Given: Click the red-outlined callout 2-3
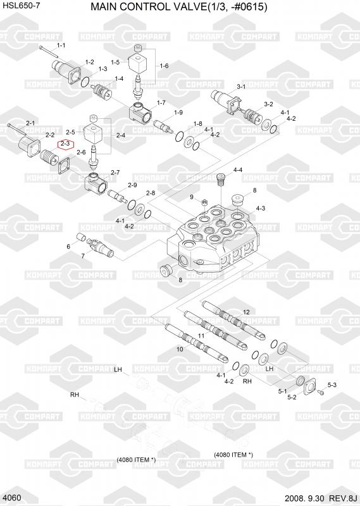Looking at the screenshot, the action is coord(66,144).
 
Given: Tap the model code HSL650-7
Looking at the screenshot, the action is coord(22,6).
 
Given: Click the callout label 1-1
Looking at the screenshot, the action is coord(61,46).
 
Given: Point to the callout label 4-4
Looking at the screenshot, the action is coord(238,170).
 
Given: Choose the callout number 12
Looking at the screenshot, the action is coord(246,312).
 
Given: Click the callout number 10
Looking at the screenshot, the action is coord(180,349).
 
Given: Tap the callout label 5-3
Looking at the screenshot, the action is coord(332,385).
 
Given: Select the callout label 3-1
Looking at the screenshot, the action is coord(241,87).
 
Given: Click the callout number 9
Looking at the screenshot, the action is coord(192,197).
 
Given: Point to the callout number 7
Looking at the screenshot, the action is coord(83,256).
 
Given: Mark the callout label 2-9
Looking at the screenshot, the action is coord(132,185).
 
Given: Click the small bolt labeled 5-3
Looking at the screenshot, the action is coord(321,392).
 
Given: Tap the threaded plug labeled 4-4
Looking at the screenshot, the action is coord(221,179).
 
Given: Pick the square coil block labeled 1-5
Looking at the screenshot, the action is coord(137,63).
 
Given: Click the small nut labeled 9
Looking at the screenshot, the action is coord(204,202).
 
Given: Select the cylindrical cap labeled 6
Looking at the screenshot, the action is coord(80,238).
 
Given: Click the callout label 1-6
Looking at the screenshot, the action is coord(164,66).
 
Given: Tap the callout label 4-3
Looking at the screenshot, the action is coord(261,209).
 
